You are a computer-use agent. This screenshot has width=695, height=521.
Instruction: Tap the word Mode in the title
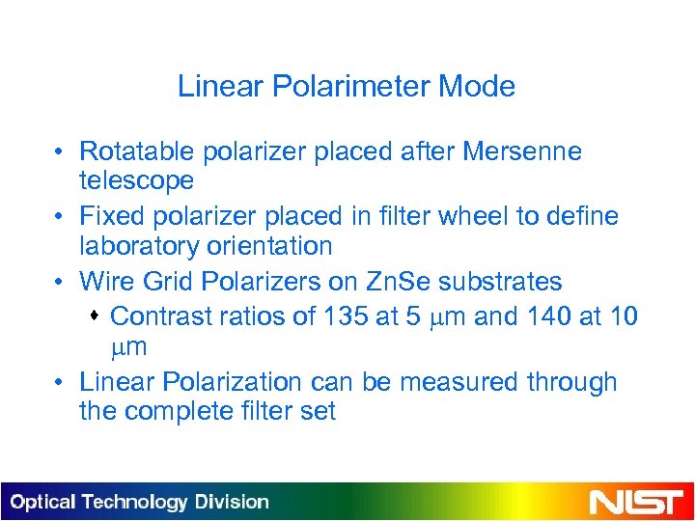point(477,87)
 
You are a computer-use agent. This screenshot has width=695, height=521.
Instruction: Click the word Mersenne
point(522,151)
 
